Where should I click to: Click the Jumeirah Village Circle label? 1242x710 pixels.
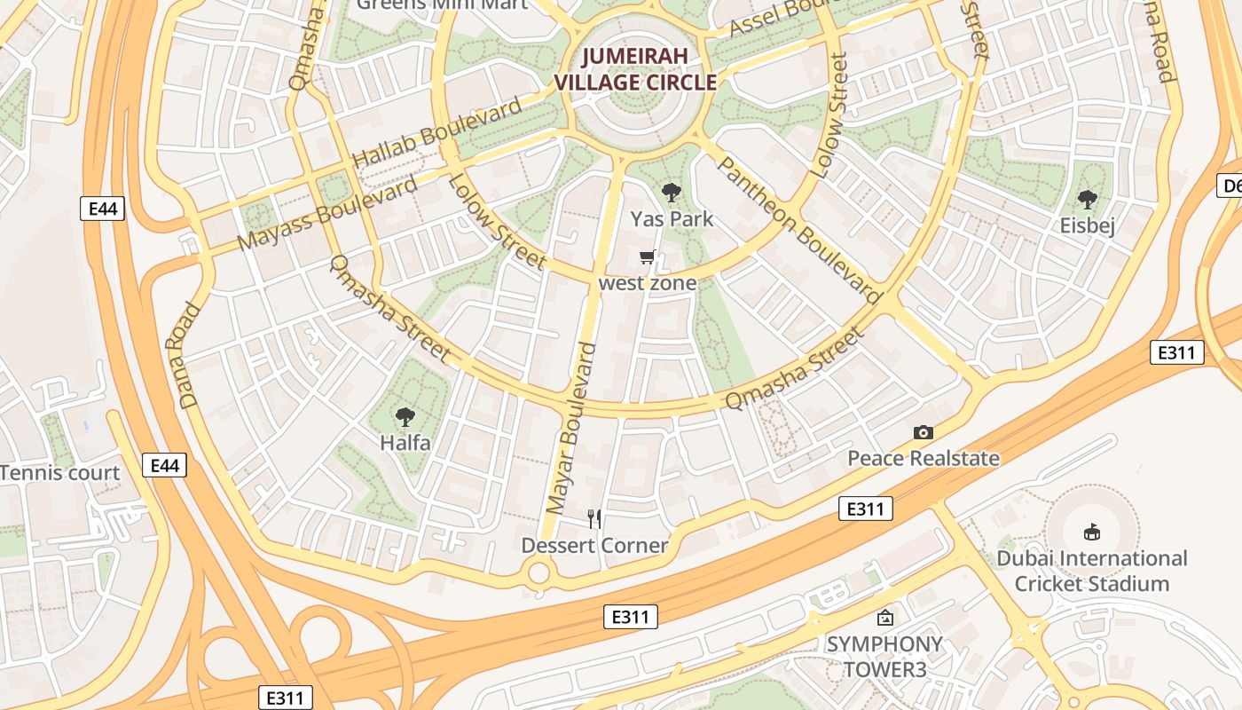(x=635, y=69)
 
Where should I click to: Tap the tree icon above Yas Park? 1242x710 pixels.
(x=672, y=192)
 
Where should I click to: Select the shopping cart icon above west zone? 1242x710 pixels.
(x=648, y=257)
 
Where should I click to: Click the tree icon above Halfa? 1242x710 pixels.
(x=405, y=416)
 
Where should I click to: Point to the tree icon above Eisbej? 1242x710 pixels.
(x=1087, y=199)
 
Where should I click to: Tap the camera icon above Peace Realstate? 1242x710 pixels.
(x=924, y=432)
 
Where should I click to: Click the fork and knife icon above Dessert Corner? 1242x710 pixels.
(x=594, y=518)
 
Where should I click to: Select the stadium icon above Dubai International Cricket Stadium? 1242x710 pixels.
(x=1092, y=532)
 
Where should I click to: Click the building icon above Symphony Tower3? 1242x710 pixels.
(x=884, y=617)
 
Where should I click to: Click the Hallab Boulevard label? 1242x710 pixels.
(x=438, y=134)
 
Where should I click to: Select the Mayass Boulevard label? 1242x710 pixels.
(x=327, y=214)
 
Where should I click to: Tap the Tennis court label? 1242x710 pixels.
(x=59, y=473)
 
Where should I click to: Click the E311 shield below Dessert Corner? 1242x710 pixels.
(x=631, y=617)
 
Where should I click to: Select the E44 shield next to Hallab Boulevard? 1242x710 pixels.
(x=102, y=209)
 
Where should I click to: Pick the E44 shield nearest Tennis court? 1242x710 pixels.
(x=164, y=465)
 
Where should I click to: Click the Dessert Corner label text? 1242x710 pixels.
(x=594, y=545)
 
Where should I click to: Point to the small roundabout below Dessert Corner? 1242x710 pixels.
(x=538, y=572)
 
